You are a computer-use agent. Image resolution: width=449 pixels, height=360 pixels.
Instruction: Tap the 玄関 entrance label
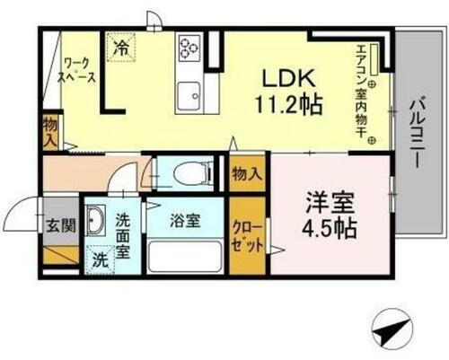pos(57,225)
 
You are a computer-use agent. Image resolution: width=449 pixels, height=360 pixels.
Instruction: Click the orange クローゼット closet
pos(247,235)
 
